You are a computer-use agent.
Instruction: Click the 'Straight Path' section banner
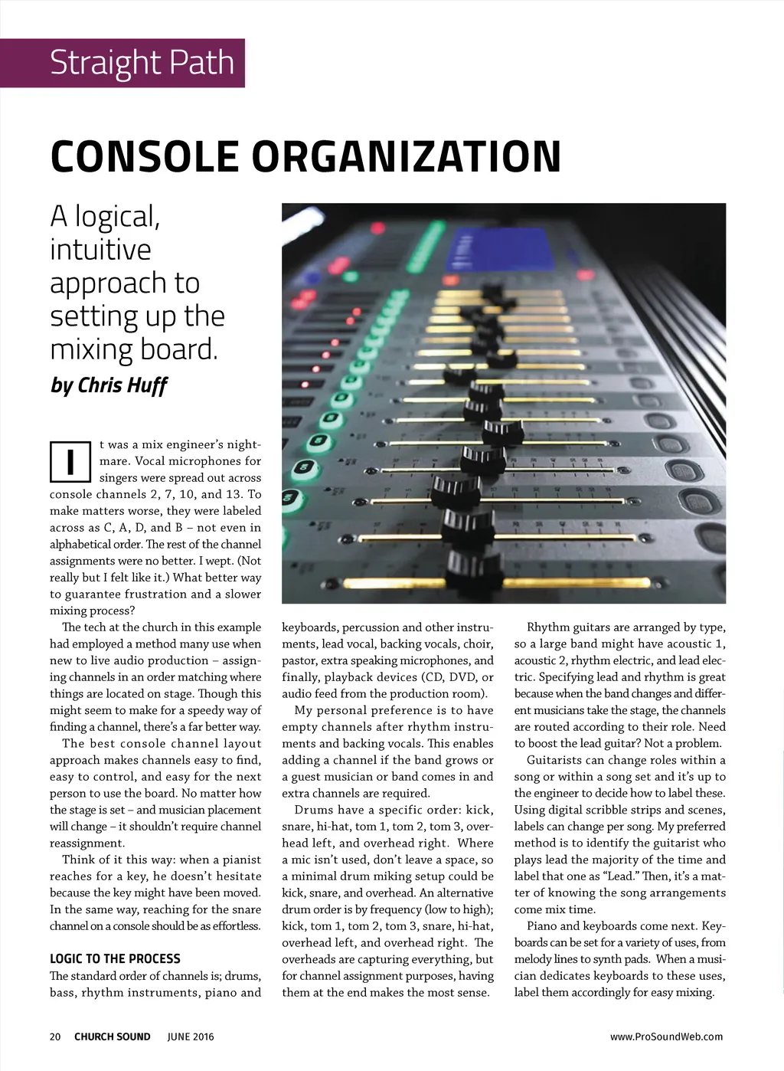tap(142, 63)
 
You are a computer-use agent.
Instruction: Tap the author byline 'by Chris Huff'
tap(108, 385)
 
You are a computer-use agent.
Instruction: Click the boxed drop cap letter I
tap(70, 461)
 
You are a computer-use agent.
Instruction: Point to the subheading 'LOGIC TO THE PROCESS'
tap(115, 958)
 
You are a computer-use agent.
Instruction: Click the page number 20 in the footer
tap(55, 1037)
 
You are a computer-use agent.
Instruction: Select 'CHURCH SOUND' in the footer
tap(112, 1037)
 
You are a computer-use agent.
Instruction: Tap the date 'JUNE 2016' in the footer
tap(191, 1037)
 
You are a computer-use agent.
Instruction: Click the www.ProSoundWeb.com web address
tap(666, 1037)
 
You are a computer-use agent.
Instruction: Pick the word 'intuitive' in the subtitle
tap(100, 250)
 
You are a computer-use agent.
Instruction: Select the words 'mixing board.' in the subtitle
tap(134, 349)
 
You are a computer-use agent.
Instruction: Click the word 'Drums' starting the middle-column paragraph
tap(313, 810)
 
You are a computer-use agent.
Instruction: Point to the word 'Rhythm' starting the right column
tap(547, 627)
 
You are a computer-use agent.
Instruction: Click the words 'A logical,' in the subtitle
tap(105, 217)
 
